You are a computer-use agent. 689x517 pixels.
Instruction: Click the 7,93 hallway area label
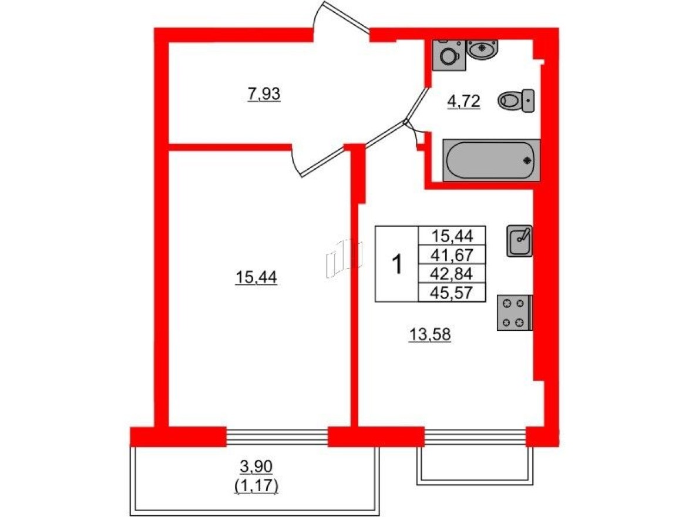coord(264,93)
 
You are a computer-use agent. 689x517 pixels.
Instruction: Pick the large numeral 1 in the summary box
coord(397,264)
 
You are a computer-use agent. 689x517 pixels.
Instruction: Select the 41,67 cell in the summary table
coord(451,254)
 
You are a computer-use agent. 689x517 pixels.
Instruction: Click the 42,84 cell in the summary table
coord(451,273)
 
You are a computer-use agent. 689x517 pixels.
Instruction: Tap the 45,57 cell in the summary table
coord(451,292)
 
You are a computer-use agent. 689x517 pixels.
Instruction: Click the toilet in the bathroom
coord(516,102)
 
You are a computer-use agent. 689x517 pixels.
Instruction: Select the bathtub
coord(490,160)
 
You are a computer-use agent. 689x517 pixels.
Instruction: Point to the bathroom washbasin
coord(483,49)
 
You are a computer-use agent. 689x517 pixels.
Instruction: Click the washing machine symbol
coord(450,55)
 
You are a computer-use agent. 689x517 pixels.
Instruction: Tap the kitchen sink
coord(520,241)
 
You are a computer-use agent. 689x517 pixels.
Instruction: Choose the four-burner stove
coord(514,313)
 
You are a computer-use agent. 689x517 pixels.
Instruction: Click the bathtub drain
coord(527,160)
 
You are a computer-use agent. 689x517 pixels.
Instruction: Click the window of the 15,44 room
coord(277,437)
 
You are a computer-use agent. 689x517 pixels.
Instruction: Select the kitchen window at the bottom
coord(475,437)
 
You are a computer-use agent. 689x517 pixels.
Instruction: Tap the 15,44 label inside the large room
coord(256,279)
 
